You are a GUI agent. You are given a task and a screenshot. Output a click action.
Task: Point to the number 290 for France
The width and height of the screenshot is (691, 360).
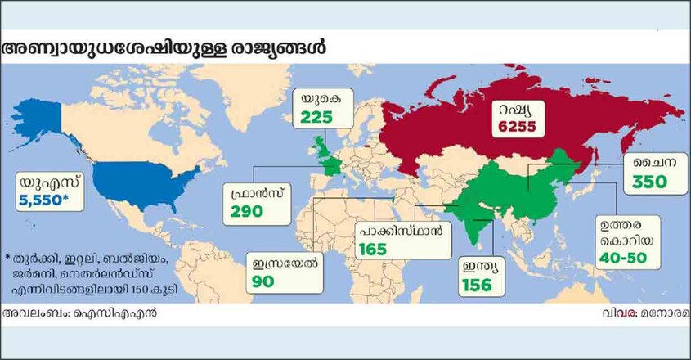point(245,212)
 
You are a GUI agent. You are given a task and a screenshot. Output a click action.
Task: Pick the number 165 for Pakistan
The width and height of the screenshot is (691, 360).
point(372,248)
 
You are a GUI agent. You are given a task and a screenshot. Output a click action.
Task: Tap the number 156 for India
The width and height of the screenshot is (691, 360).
point(475,285)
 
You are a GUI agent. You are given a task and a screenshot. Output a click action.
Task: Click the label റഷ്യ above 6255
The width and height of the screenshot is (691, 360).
point(515,108)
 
